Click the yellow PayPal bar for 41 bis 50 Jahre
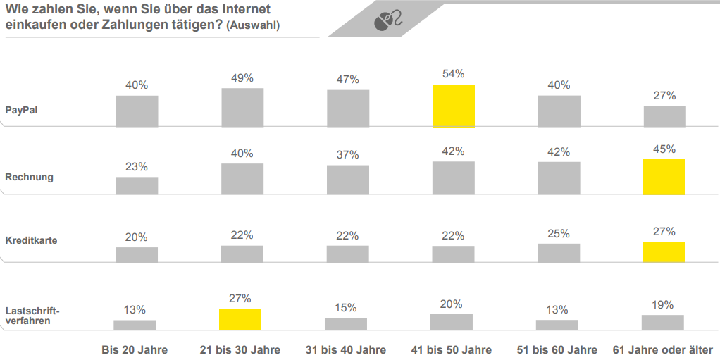(x=453, y=106)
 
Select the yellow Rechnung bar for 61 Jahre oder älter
(x=664, y=177)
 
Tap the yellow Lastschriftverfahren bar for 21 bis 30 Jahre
(x=240, y=319)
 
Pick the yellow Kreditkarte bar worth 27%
(x=664, y=252)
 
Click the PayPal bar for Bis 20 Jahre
(x=137, y=111)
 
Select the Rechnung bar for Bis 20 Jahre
(x=137, y=185)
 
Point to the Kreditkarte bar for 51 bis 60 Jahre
(x=559, y=253)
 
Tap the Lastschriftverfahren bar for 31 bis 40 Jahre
(x=346, y=324)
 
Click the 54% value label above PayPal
(x=453, y=74)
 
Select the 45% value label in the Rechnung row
(x=664, y=149)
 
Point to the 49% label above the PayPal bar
(x=242, y=78)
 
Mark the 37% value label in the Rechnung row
(x=347, y=155)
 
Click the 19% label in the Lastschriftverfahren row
(x=663, y=305)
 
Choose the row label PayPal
(x=22, y=110)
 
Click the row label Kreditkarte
(x=31, y=240)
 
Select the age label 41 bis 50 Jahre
(x=452, y=349)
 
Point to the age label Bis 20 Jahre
(x=135, y=349)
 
